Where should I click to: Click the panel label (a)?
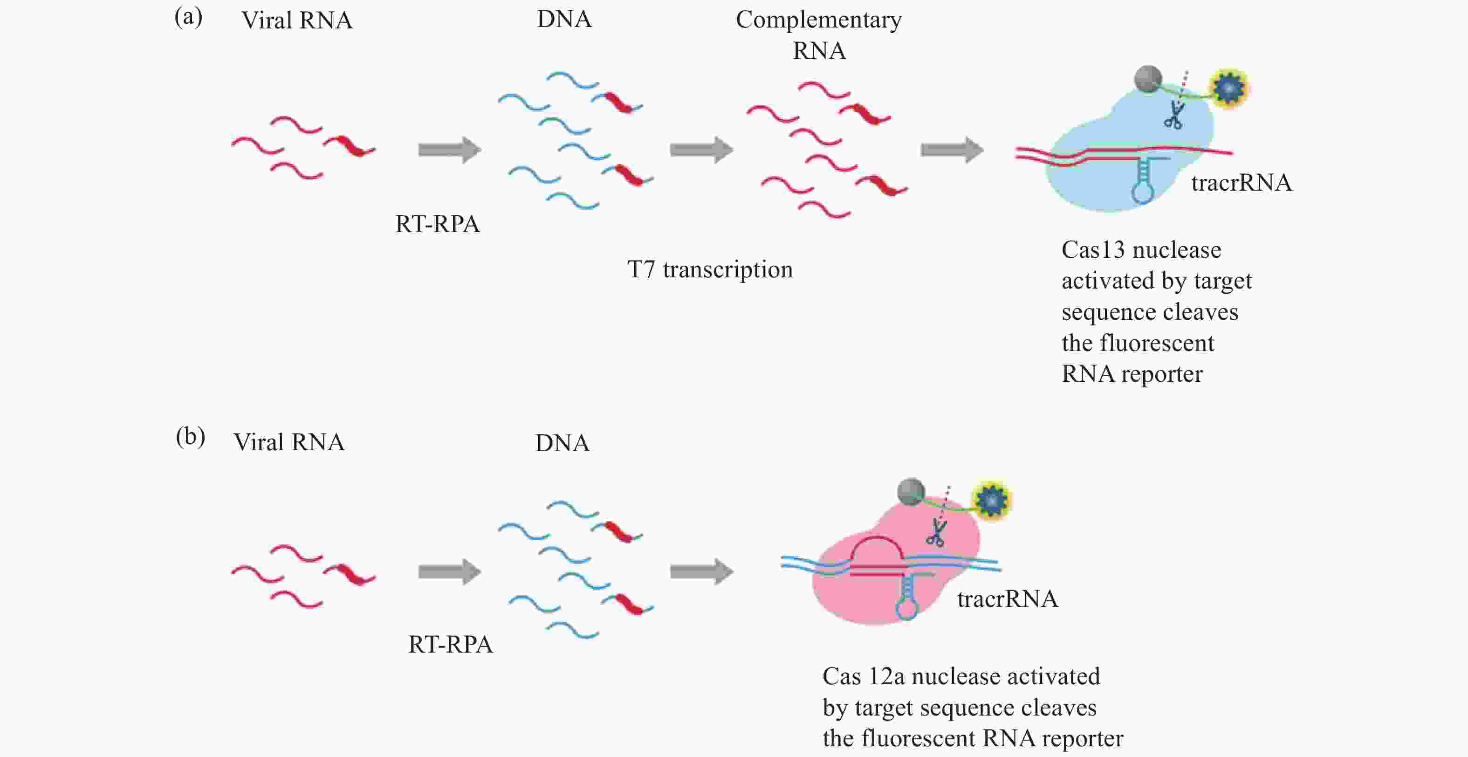pyautogui.click(x=188, y=18)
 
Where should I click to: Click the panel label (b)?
pyautogui.click(x=190, y=437)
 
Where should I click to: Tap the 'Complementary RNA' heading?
pyautogui.click(x=819, y=35)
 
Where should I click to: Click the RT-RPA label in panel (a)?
pyautogui.click(x=437, y=224)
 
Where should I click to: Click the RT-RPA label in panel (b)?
pyautogui.click(x=450, y=644)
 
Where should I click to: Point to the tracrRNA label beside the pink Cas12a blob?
pyautogui.click(x=1008, y=599)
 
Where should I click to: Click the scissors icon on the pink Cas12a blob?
pyautogui.click(x=935, y=532)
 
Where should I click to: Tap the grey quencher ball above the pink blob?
pyautogui.click(x=911, y=491)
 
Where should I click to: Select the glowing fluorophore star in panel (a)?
pyautogui.click(x=1228, y=89)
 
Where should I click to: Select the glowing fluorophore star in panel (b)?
pyautogui.click(x=992, y=501)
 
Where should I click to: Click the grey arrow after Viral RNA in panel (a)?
pyautogui.click(x=450, y=150)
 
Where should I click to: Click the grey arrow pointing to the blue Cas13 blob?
pyautogui.click(x=952, y=150)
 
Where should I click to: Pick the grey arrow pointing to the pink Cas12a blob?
pyautogui.click(x=701, y=571)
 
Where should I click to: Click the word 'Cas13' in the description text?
pyautogui.click(x=1093, y=250)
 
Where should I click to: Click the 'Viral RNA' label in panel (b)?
pyautogui.click(x=289, y=442)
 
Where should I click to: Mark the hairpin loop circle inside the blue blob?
pyautogui.click(x=1143, y=192)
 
